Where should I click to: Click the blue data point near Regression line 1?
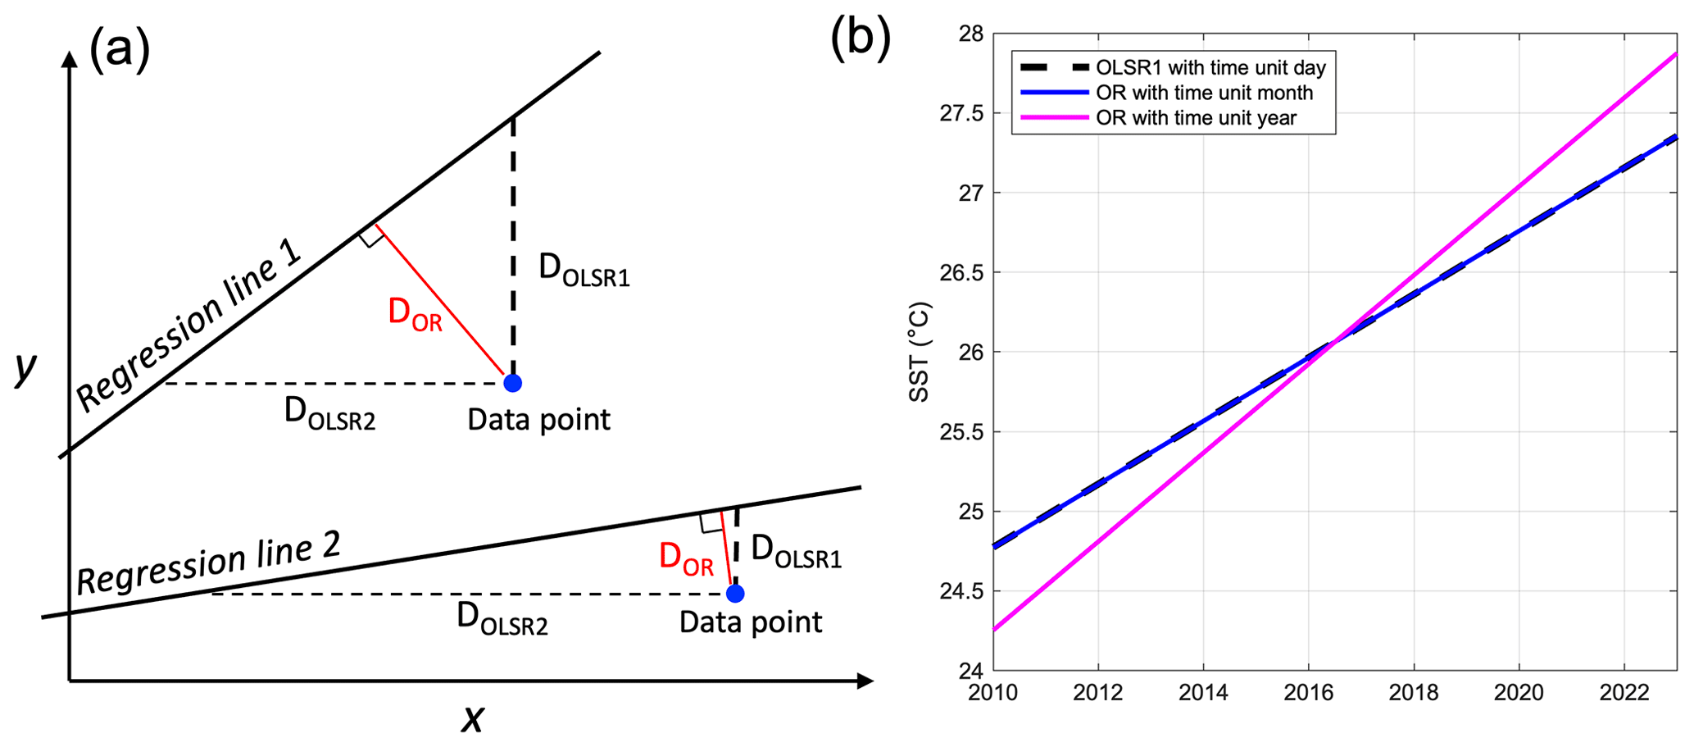(x=512, y=383)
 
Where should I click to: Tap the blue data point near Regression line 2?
(x=735, y=594)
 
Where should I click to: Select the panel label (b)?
(x=860, y=38)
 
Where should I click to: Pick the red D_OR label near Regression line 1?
(x=415, y=314)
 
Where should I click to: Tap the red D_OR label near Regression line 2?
(x=686, y=560)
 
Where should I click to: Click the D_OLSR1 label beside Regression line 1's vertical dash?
(x=584, y=270)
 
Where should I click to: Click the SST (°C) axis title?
(x=920, y=353)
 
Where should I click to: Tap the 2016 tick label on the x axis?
(x=1308, y=694)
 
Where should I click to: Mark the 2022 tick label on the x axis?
(x=1624, y=694)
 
